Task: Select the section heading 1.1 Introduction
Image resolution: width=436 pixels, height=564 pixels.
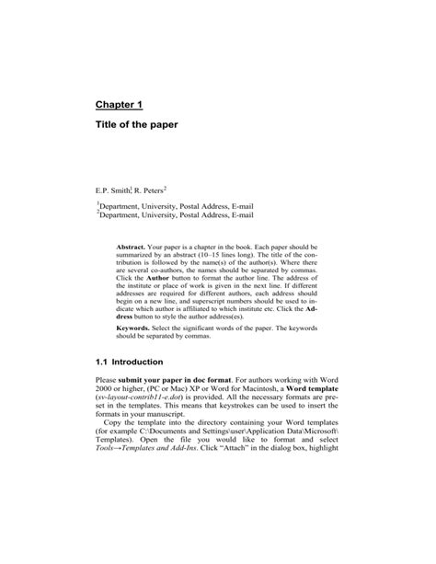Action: coord(138,363)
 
